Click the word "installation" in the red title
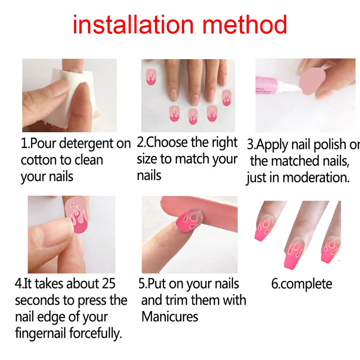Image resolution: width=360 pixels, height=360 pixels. pyautogui.click(x=133, y=24)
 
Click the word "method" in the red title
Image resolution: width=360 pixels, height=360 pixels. pyautogui.click(x=245, y=24)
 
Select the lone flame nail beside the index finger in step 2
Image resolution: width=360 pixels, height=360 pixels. pyautogui.click(x=151, y=77)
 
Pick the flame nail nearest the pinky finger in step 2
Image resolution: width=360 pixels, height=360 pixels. pyautogui.click(x=226, y=98)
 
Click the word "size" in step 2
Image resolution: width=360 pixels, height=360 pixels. pyautogui.click(x=147, y=159)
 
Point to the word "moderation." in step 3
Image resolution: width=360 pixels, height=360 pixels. pyautogui.click(x=316, y=178)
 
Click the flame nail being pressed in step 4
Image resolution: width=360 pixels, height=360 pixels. pyautogui.click(x=77, y=215)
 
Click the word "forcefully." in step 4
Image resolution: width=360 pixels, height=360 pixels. pyautogui.click(x=95, y=333)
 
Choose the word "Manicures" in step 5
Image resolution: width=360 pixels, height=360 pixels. pyautogui.click(x=170, y=317)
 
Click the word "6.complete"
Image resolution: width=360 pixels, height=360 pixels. pyautogui.click(x=302, y=284)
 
